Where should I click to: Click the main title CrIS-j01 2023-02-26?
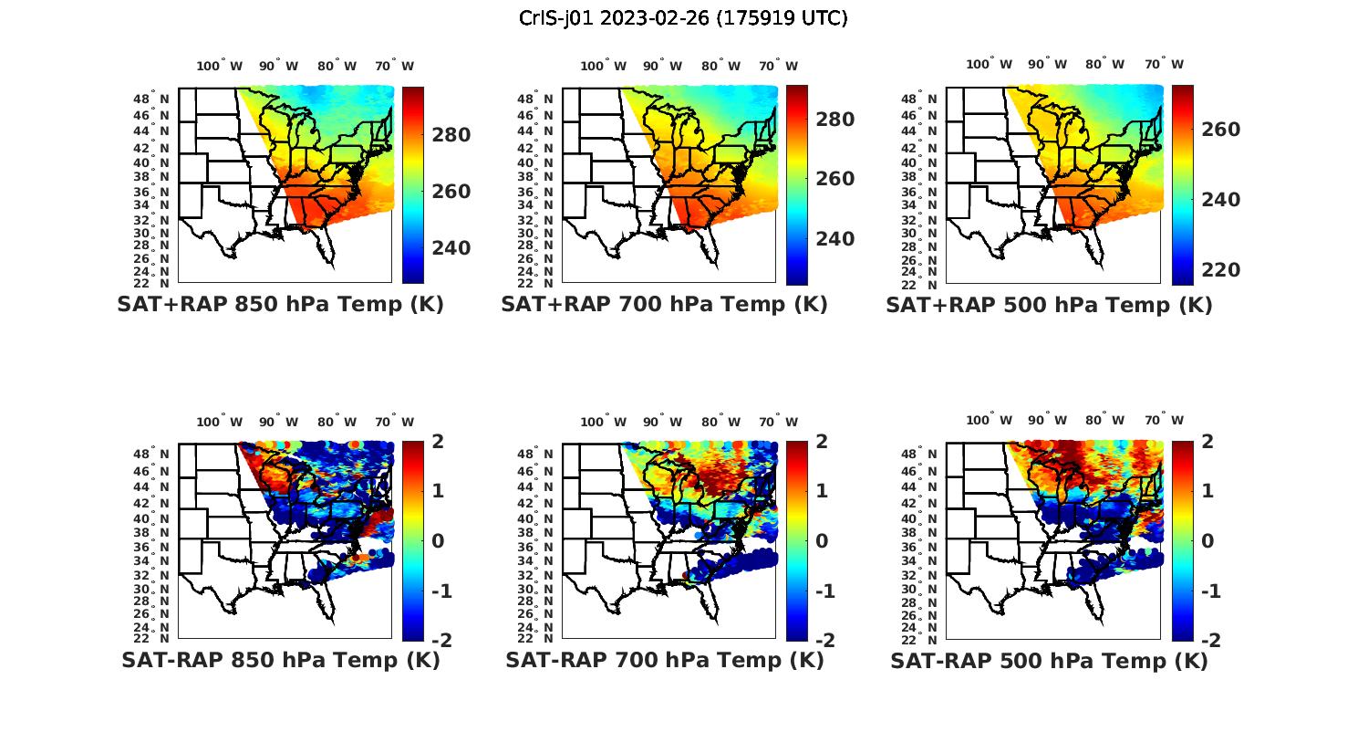click(x=683, y=17)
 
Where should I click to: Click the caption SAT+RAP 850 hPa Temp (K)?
click(x=280, y=304)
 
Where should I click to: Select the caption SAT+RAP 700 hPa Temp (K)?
click(x=664, y=304)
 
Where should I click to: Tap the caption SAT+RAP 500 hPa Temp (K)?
click(x=1049, y=305)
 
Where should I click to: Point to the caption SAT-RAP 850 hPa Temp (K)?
click(x=281, y=660)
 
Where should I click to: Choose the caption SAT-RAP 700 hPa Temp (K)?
click(x=665, y=660)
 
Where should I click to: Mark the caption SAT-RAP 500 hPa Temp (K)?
click(x=1049, y=661)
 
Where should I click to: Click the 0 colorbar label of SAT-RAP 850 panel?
click(x=438, y=540)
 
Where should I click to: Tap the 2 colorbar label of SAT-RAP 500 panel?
click(x=1208, y=441)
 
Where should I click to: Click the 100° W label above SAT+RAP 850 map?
click(x=220, y=66)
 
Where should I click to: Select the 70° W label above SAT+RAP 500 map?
click(x=1165, y=64)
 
